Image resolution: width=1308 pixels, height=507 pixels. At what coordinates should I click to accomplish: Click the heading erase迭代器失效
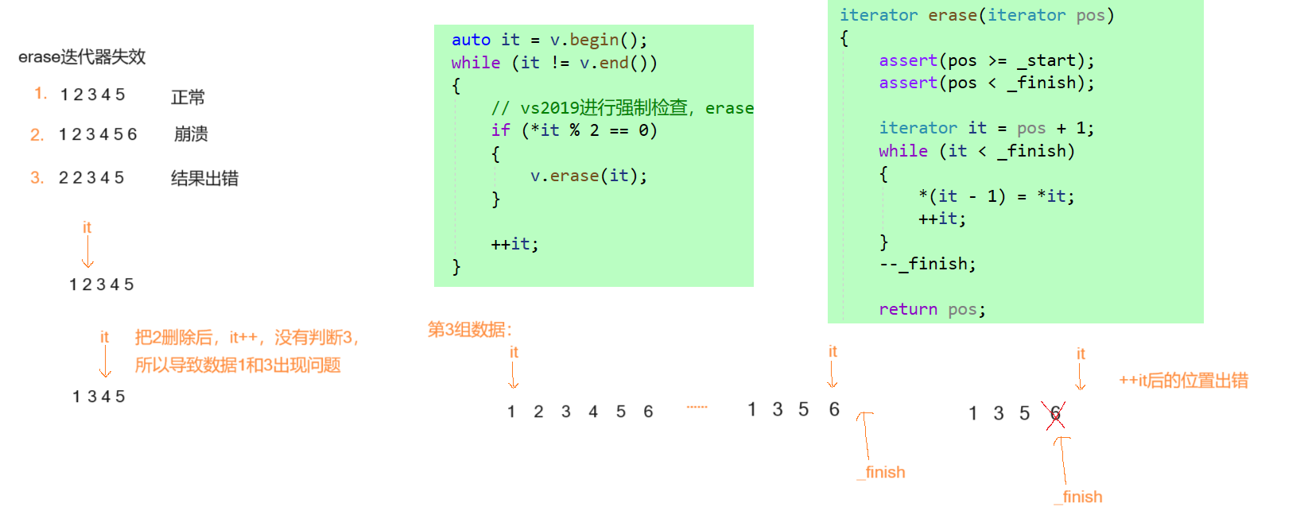[82, 57]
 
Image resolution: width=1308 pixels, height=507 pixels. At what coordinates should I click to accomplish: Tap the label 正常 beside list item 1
[188, 98]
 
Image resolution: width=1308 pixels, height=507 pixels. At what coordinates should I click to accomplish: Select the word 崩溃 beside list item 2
[191, 134]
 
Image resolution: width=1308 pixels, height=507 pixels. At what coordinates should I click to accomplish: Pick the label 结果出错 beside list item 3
[204, 179]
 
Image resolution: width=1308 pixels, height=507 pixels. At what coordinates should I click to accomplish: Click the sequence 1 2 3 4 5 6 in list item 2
[98, 134]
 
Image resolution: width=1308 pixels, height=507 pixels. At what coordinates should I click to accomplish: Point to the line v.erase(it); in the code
[588, 176]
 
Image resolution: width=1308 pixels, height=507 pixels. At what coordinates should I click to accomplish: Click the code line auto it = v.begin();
[549, 40]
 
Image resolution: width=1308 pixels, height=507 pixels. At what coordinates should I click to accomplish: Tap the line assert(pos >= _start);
[986, 60]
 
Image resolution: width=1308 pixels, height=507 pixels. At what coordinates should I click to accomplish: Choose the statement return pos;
[932, 309]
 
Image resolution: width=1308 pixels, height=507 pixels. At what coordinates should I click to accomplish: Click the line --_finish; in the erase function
[927, 264]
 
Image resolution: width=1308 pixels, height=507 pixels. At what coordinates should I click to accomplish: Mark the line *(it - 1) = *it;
[996, 196]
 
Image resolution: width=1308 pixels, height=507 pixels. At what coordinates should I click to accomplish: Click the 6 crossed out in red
[1056, 414]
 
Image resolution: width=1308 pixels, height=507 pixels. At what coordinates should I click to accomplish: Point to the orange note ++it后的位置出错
[1183, 381]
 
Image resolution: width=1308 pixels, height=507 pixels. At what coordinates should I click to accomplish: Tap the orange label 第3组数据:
[470, 330]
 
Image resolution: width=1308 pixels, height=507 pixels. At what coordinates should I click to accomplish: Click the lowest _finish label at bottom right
[1079, 497]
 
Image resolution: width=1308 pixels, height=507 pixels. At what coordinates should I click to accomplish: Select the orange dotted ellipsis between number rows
[697, 407]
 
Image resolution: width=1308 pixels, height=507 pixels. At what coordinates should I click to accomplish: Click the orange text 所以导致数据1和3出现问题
[238, 366]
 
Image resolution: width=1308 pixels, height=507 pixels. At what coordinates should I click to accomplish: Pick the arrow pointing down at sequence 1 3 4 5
[105, 362]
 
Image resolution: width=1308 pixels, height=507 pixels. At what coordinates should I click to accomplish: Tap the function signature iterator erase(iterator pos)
[976, 15]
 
